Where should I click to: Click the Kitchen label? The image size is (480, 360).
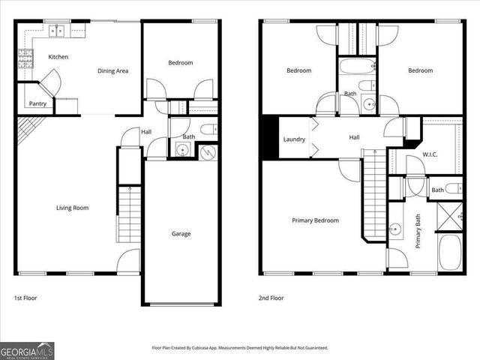[58, 57]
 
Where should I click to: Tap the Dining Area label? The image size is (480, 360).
[112, 71]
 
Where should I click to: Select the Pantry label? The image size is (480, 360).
[37, 103]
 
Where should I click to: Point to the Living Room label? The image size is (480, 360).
[73, 208]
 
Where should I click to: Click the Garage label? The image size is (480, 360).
[181, 234]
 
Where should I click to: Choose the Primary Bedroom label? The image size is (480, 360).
[316, 220]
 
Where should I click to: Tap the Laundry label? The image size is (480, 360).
[293, 139]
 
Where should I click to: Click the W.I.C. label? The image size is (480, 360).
[430, 155]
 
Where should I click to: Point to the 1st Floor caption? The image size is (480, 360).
[25, 298]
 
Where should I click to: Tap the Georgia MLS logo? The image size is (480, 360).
[27, 350]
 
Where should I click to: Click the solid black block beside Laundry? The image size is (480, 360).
[270, 137]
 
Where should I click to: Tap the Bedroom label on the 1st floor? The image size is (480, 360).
[181, 63]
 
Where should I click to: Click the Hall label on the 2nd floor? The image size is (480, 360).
[355, 137]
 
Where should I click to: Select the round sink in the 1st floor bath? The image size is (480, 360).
[182, 150]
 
